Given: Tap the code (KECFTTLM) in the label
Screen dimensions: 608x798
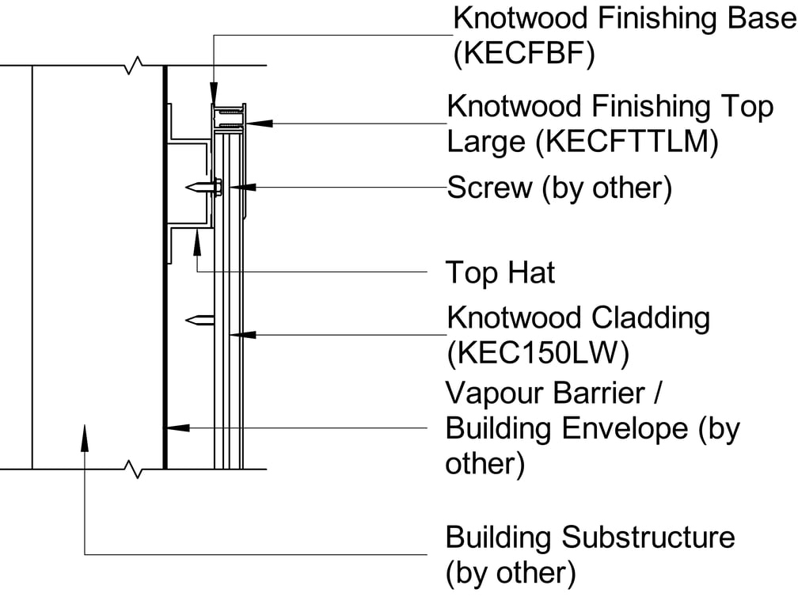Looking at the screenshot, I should pos(625,142).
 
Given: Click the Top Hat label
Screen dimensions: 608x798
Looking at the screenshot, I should pos(500,273).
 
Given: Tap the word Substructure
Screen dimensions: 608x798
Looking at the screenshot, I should pos(648,537).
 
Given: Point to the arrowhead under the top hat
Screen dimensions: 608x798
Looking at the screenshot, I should pos(196,241).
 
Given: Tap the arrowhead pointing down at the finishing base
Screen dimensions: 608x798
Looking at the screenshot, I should pos(213,95).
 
